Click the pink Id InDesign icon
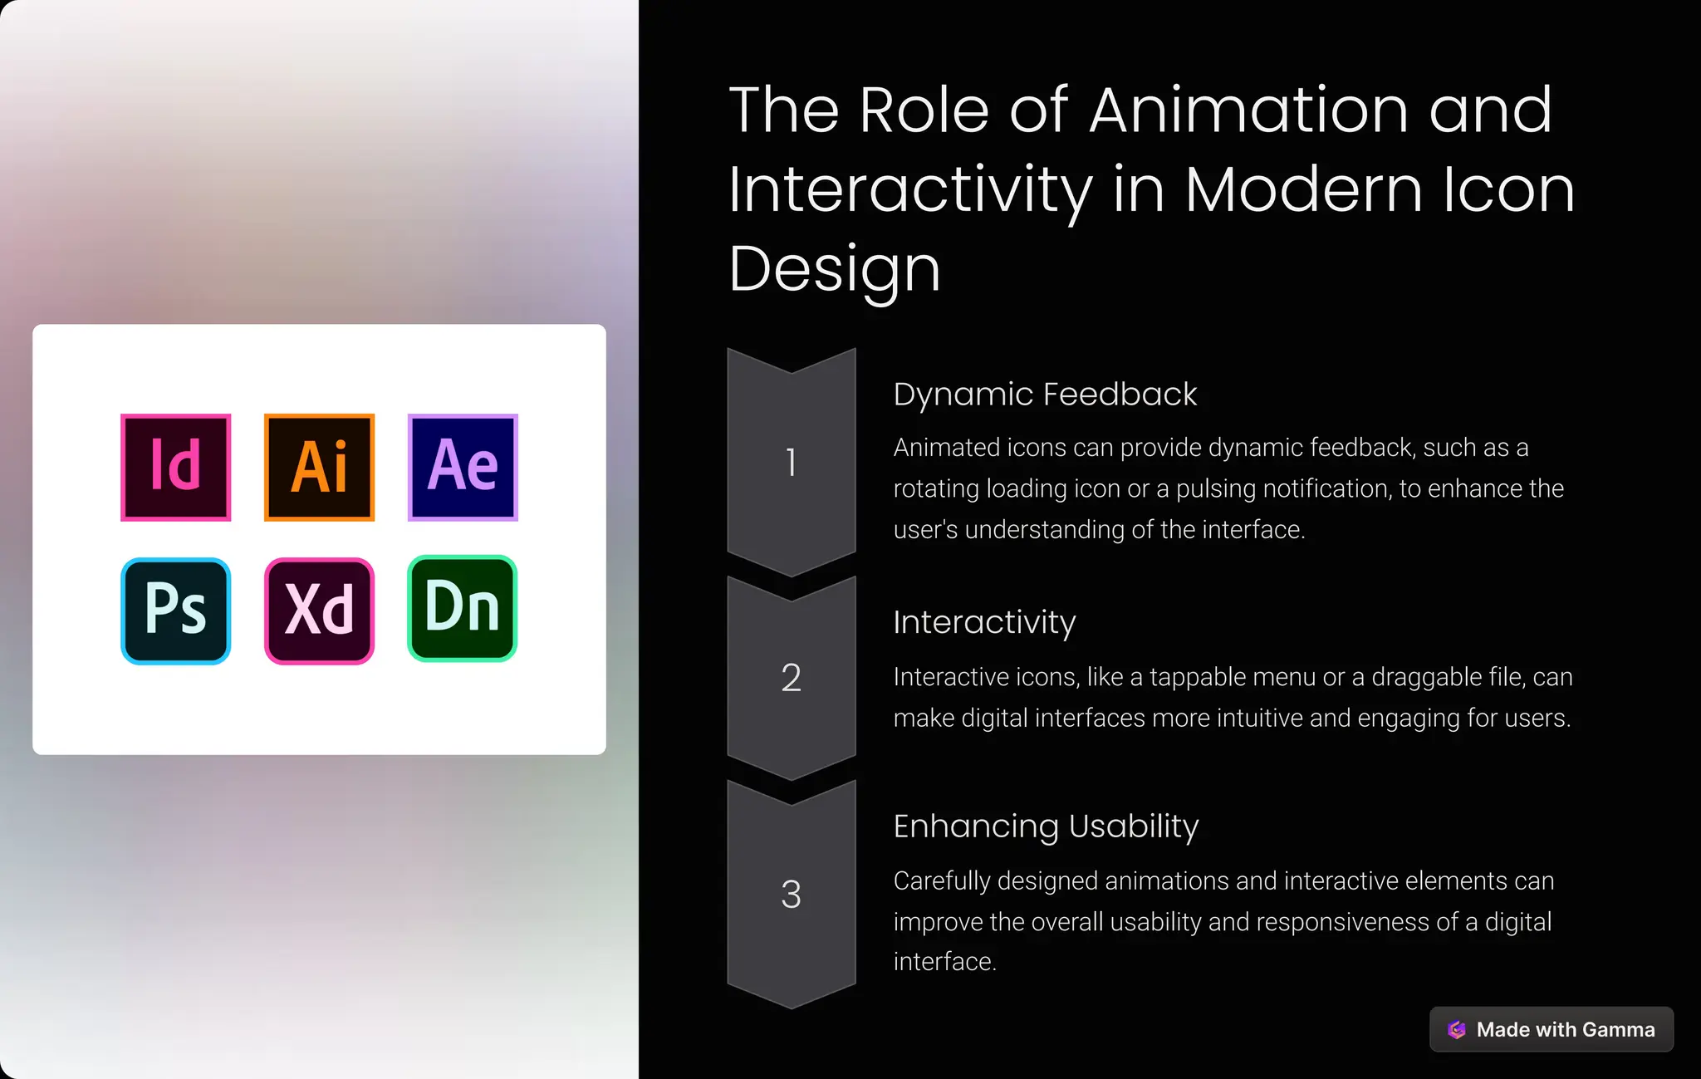(175, 468)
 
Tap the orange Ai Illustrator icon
(319, 468)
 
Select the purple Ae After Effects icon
(463, 468)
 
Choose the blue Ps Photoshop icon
(175, 611)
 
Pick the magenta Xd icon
(319, 611)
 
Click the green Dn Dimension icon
(463, 608)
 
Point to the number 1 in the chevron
(791, 463)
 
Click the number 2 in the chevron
(791, 678)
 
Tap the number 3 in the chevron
(791, 895)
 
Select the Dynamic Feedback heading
(1045, 395)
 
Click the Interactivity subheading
(984, 622)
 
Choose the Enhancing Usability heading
(1046, 826)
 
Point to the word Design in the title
(834, 270)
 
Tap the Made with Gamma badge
(1551, 1029)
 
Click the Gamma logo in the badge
(1457, 1029)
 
